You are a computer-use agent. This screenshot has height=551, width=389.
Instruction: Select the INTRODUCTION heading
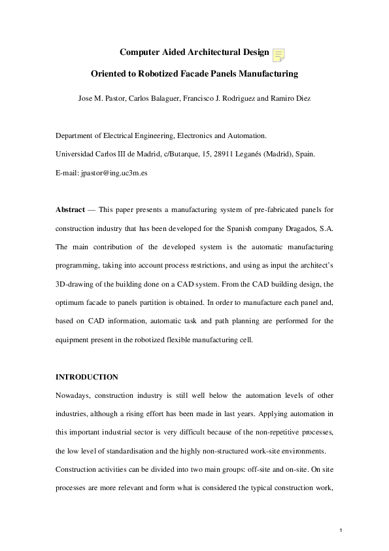[86, 377]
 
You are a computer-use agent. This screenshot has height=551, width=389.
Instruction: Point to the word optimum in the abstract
[73, 304]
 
